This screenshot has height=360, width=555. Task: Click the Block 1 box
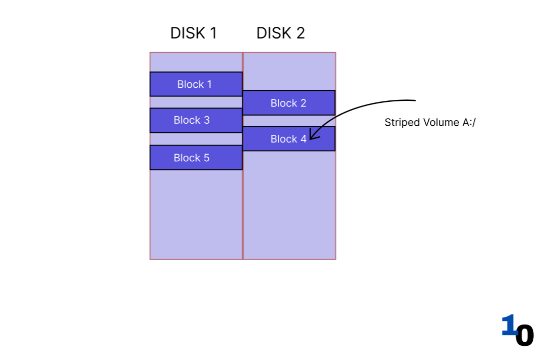click(x=196, y=84)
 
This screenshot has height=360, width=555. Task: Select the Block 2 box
click(x=288, y=103)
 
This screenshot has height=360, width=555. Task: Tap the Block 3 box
click(x=196, y=120)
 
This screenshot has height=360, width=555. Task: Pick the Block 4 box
click(x=288, y=138)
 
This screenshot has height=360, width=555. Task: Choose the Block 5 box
click(x=196, y=158)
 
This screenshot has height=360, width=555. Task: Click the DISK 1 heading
click(x=193, y=33)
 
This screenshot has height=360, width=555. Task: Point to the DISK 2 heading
click(x=280, y=33)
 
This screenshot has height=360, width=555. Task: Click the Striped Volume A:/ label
click(x=430, y=122)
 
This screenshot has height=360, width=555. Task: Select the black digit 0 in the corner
click(x=525, y=335)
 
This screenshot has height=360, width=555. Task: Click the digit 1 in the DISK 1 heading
click(x=213, y=33)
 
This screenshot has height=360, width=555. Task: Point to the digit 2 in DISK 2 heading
click(x=300, y=33)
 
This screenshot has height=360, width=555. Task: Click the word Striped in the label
click(x=399, y=122)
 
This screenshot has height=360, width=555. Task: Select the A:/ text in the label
click(x=469, y=122)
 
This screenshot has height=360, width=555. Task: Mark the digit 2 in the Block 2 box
click(x=303, y=103)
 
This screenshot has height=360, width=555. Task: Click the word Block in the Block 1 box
click(x=190, y=84)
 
